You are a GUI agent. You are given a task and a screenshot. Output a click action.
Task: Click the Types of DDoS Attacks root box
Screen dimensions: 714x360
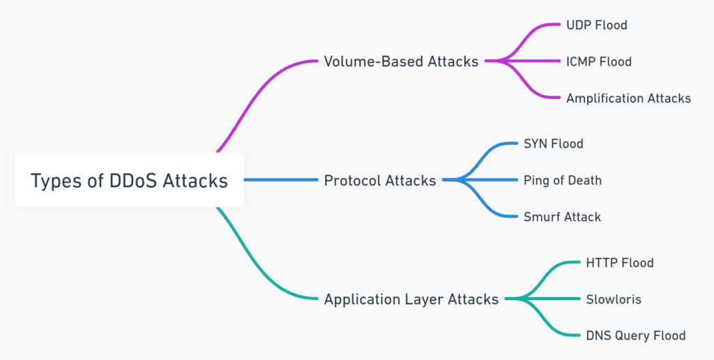coord(129,180)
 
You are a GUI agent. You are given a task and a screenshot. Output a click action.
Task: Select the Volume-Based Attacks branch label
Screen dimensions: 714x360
coord(401,61)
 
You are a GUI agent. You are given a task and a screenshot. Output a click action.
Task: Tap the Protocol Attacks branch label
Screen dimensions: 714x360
coord(380,181)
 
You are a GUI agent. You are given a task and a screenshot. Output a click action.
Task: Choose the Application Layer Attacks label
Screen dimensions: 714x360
coord(411,299)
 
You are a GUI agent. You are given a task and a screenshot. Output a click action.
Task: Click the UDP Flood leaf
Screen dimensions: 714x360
coord(597,25)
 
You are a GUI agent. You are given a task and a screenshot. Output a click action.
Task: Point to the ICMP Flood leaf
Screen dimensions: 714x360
coord(599,61)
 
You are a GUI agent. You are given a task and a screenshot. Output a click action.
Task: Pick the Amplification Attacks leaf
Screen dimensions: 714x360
coord(628,98)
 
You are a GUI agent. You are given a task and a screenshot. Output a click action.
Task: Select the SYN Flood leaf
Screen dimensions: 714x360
coord(553,144)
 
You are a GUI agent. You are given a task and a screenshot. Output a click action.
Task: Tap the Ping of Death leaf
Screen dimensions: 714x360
coord(563,181)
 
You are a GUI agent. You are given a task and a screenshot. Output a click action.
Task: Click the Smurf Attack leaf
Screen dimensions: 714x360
coord(563,217)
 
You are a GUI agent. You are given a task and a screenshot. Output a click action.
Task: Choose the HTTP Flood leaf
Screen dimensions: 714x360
coord(620,263)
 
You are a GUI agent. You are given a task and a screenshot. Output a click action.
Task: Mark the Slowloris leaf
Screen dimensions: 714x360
coord(614,299)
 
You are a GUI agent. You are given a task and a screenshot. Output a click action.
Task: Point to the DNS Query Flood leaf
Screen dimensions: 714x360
coord(636,336)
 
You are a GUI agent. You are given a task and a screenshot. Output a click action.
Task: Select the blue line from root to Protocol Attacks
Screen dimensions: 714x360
coord(281,180)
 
